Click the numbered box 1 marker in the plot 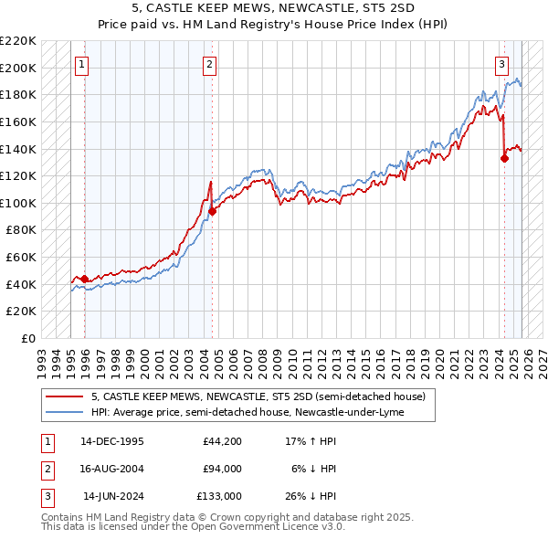[83, 64]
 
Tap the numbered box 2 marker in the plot [210, 64]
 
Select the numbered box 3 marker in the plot [502, 64]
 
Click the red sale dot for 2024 [504, 158]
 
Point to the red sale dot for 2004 [212, 211]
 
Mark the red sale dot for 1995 [85, 279]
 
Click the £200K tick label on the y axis [19, 68]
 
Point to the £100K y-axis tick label [19, 203]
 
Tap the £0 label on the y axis [27, 338]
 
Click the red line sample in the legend [65, 396]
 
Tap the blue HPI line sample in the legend [65, 412]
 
